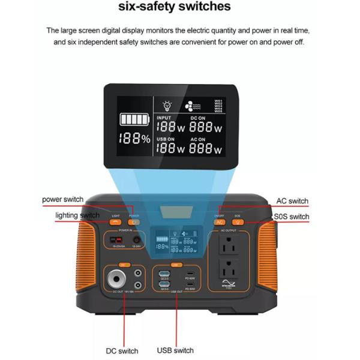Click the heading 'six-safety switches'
pyautogui.click(x=180, y=7)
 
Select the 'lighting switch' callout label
pyautogui.click(x=77, y=215)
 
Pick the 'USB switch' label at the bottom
pyautogui.click(x=175, y=350)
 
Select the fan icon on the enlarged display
pyautogui.click(x=190, y=104)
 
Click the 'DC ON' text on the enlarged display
pyautogui.click(x=199, y=118)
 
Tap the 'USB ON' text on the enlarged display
pyautogui.click(x=166, y=139)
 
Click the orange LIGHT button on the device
pyautogui.click(x=116, y=222)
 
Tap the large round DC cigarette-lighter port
pyautogui.click(x=117, y=279)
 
